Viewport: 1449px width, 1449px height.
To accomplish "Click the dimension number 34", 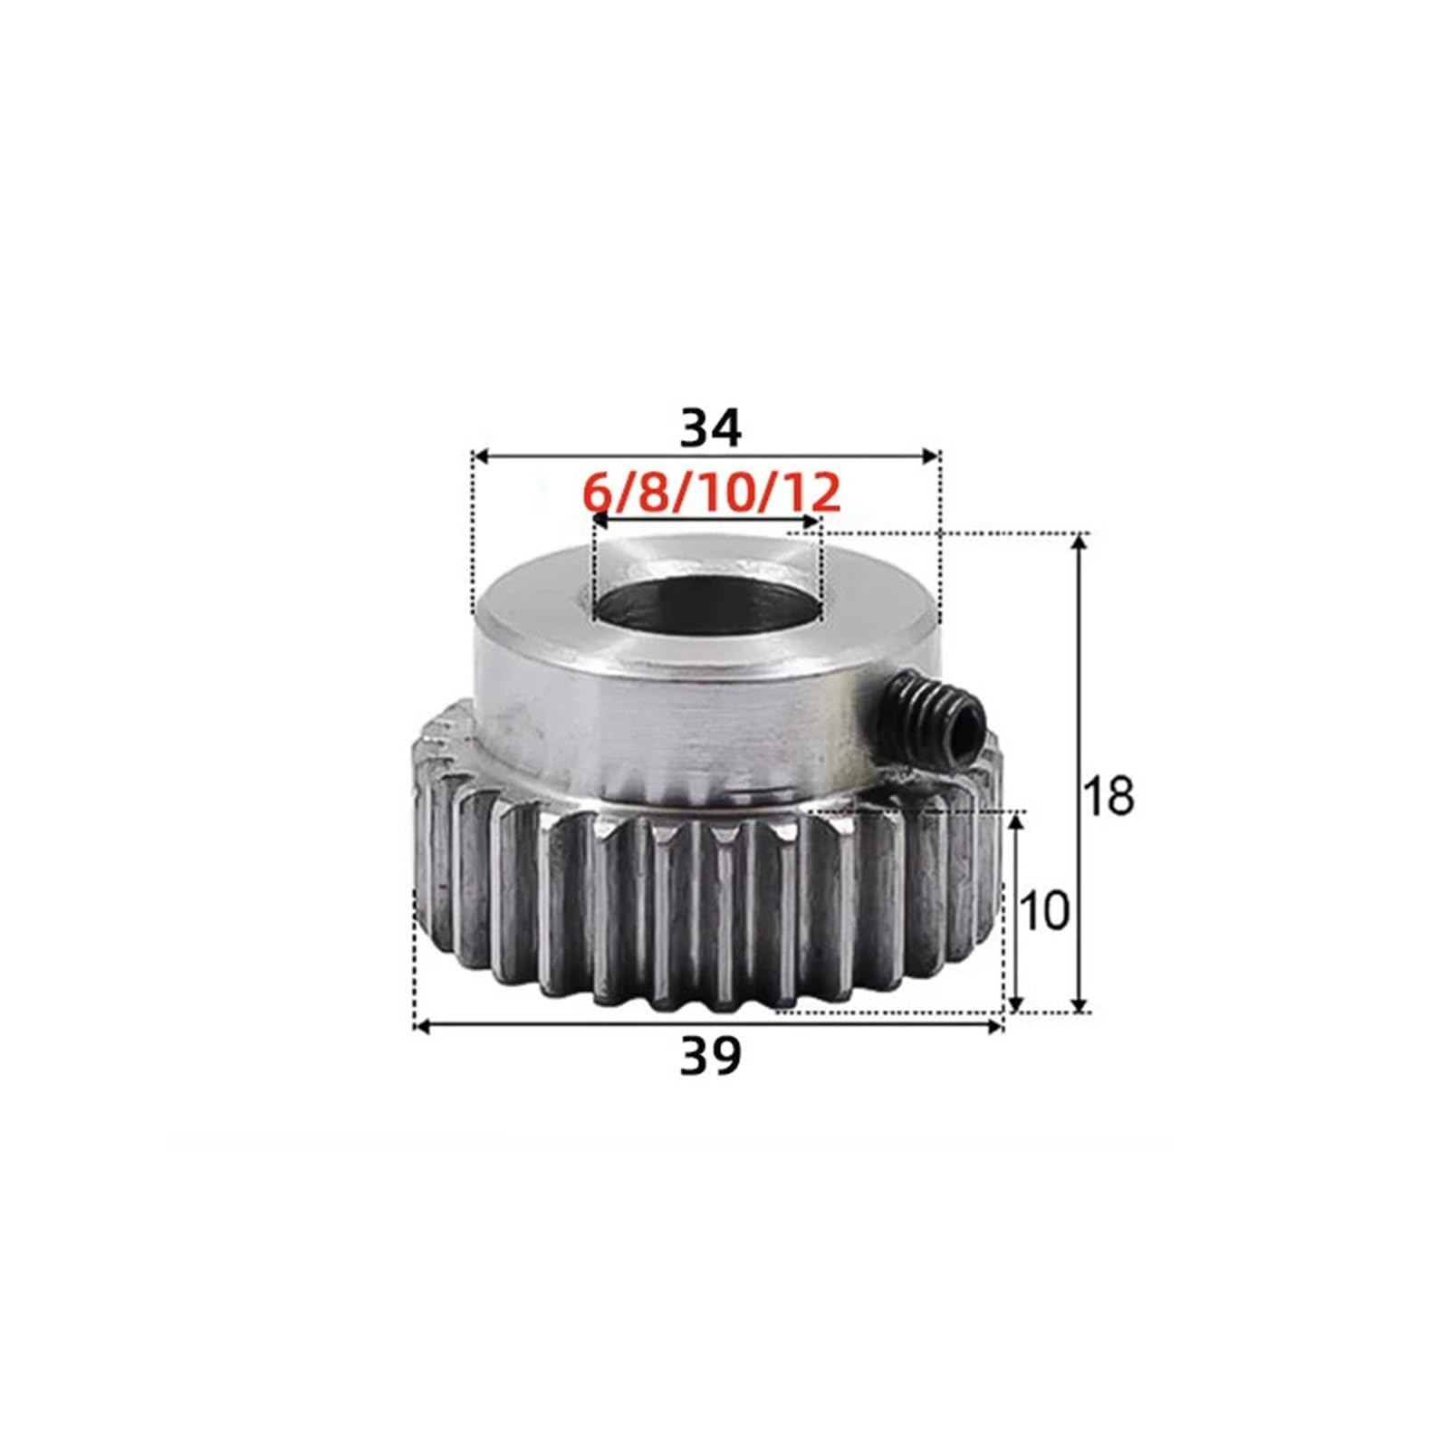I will point(710,429).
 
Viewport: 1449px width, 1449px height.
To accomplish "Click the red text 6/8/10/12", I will point(710,494).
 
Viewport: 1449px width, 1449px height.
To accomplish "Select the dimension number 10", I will point(1044,912).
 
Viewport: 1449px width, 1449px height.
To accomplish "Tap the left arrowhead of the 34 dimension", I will point(482,456).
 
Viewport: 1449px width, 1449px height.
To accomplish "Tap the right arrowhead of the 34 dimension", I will point(933,456).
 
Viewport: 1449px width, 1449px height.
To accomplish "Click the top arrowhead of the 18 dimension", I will point(1078,542).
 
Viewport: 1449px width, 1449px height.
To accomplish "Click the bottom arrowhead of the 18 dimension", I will point(1078,1004).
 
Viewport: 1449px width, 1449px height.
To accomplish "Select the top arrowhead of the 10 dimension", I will point(1016,820).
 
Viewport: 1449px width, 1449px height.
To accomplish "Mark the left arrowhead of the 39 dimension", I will point(421,1026).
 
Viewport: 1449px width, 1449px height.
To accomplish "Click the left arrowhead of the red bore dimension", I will point(599,523).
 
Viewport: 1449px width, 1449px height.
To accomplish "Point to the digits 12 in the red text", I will point(812,494).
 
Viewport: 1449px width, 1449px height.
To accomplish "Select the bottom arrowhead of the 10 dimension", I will point(1016,1004).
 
